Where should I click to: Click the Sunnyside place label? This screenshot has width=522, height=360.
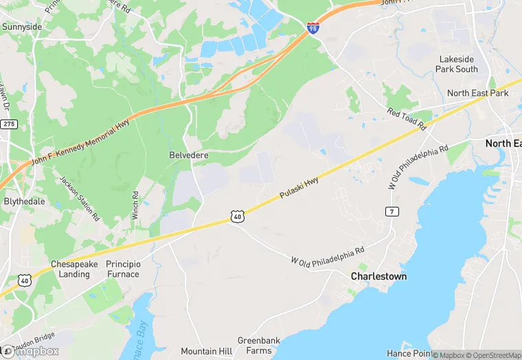(22, 27)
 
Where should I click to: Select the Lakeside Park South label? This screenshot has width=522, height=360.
(457, 64)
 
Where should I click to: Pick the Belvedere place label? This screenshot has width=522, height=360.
(189, 155)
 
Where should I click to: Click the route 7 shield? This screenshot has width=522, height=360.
(391, 211)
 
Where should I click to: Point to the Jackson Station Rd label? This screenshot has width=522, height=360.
(80, 199)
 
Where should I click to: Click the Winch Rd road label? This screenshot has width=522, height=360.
(135, 205)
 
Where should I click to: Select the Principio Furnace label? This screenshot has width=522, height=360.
(122, 269)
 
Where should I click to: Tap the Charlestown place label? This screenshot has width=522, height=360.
(378, 276)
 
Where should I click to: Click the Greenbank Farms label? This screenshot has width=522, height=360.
(255, 346)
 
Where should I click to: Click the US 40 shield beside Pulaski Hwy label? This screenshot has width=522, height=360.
(237, 216)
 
